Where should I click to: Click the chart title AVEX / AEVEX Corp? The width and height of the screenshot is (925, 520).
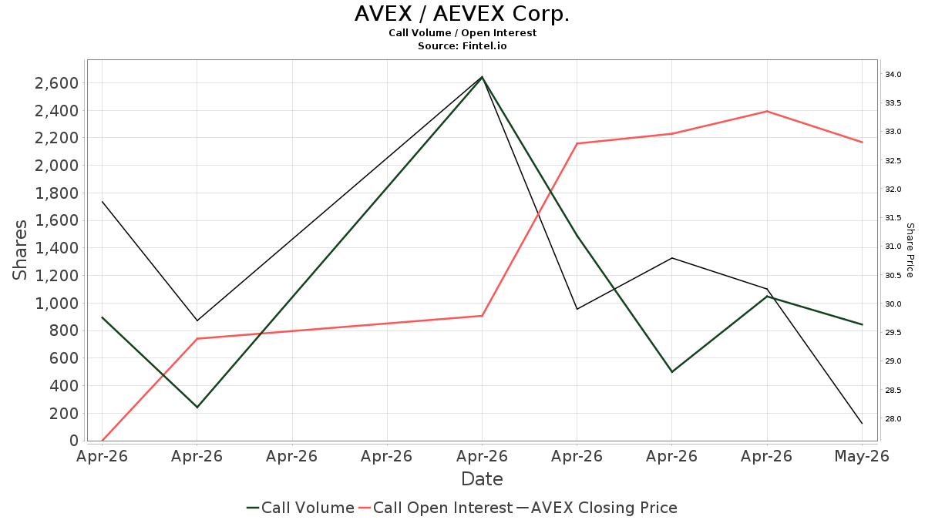coord(462,14)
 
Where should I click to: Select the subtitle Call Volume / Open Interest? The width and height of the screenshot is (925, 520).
coord(462,33)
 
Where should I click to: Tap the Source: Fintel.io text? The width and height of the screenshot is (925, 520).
coord(462,45)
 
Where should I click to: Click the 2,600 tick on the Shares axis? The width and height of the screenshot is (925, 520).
coord(56,83)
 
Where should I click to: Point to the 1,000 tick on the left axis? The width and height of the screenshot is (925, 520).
coord(56,304)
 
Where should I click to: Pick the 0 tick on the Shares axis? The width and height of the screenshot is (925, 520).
coord(74,441)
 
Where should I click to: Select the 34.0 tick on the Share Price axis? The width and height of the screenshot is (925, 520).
coord(893,74)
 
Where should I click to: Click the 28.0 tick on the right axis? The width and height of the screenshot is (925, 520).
coord(893,419)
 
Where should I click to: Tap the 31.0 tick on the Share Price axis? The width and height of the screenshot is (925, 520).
coord(893,247)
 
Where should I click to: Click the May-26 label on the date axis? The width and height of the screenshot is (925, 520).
coord(862,456)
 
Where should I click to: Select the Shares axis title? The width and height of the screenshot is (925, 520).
coord(19,250)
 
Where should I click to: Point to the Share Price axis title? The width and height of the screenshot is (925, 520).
coord(910,250)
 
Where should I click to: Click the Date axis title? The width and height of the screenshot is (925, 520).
coord(482,479)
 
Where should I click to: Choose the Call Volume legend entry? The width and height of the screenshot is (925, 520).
coord(300,508)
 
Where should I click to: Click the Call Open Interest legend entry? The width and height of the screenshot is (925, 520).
coord(436,508)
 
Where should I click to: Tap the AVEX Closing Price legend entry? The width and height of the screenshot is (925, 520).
coord(597,508)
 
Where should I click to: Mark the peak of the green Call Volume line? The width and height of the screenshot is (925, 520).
coord(482,77)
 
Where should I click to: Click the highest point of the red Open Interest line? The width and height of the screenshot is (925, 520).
coord(767,112)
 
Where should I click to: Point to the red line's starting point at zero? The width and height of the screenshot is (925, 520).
coord(102,441)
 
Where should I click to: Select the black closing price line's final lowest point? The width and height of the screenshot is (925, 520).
coord(862,424)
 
